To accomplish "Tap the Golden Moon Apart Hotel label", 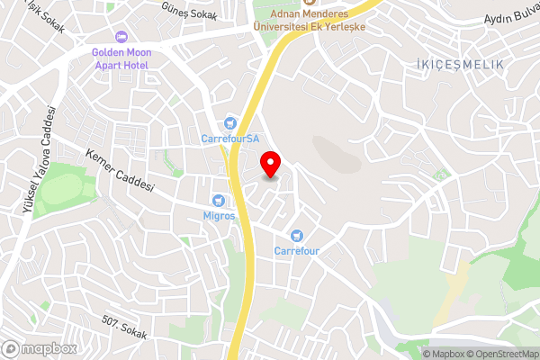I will [x=121, y=59].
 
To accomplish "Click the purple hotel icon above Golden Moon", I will [x=122, y=36].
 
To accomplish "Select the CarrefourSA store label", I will [x=229, y=139].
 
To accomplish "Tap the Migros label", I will [x=219, y=216].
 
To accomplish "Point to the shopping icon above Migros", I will [x=218, y=200].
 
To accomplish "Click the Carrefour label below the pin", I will [x=297, y=250].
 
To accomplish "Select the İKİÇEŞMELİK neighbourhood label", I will [x=460, y=65].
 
